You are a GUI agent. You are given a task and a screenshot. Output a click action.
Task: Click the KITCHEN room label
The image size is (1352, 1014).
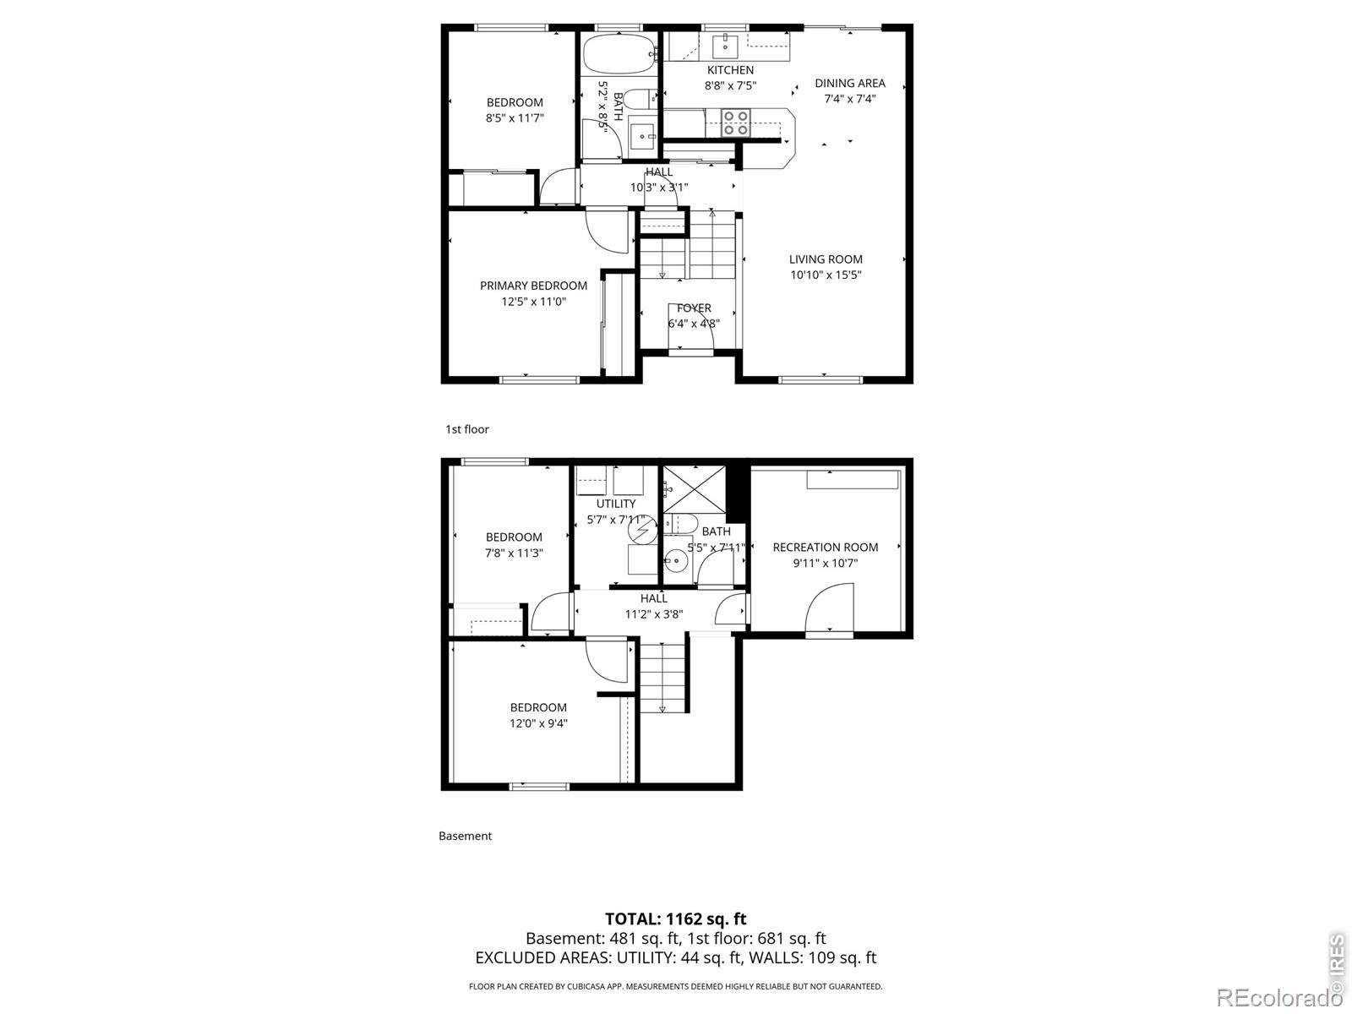click(730, 70)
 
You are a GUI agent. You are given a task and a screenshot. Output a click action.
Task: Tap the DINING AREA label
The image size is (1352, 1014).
click(850, 83)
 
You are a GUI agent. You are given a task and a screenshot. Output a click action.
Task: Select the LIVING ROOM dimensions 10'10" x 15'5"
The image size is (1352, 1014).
click(826, 275)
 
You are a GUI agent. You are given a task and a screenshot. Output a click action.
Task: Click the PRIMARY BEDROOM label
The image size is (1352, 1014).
click(533, 286)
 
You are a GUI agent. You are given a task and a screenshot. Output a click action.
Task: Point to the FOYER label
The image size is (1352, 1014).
click(695, 308)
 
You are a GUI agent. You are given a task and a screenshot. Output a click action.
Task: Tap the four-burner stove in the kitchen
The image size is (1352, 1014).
click(735, 123)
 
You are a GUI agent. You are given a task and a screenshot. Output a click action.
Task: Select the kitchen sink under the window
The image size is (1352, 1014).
click(726, 44)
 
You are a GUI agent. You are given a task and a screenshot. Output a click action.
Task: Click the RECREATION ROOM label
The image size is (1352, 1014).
click(826, 548)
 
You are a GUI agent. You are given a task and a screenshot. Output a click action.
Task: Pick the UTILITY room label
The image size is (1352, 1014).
click(616, 504)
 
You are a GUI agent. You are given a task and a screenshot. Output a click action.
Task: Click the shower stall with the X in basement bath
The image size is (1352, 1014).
click(695, 489)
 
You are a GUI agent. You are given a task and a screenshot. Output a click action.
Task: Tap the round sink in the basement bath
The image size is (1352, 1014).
click(676, 561)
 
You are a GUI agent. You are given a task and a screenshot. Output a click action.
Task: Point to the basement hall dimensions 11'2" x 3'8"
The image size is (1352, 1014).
click(653, 613)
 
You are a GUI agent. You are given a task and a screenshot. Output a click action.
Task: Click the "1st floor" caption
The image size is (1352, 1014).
click(467, 430)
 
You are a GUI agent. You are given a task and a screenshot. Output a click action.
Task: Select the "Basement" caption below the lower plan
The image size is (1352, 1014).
click(465, 836)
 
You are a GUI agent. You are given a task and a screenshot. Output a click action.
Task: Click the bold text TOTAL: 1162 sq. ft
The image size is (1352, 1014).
click(676, 919)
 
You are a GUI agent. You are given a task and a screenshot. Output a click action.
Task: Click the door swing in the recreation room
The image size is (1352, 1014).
click(828, 607)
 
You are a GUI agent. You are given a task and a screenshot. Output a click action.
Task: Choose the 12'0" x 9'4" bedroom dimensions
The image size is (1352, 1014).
click(538, 723)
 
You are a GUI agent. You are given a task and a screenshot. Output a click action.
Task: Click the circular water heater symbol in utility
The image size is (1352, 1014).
click(642, 530)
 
